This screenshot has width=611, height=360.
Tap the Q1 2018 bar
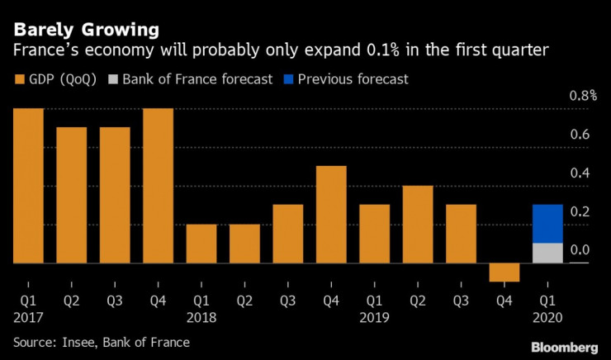201,244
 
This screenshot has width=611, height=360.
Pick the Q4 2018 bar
330,215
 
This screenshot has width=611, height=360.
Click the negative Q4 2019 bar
504,272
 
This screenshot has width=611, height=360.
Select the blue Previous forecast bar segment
547,224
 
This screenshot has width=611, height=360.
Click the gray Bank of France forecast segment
547,253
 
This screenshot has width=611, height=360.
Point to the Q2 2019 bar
417,225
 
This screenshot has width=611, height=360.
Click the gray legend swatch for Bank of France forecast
126,80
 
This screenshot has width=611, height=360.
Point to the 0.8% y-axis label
584,96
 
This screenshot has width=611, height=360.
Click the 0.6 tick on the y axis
580,135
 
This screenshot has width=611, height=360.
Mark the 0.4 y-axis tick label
580,173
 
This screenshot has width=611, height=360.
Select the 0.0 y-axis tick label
580,250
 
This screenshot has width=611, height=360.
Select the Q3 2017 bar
115,196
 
